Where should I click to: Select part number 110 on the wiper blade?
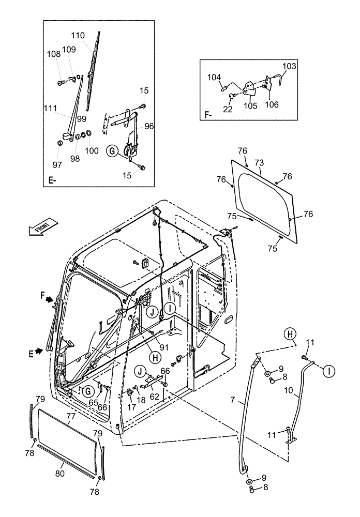[78, 36]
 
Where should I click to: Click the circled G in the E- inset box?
[110, 151]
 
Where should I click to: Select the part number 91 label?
[163, 347]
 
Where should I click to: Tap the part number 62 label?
[155, 397]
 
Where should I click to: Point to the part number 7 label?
[233, 400]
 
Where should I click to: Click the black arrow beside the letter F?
[49, 299]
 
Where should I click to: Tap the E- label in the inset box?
[53, 180]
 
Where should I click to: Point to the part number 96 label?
[149, 126]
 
